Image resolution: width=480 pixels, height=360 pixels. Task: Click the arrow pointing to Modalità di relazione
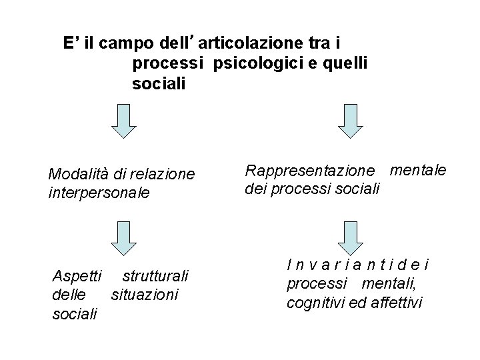click(x=123, y=122)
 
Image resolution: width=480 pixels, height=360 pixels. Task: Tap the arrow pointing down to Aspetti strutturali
click(x=123, y=238)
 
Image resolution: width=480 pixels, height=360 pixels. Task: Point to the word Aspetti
click(x=77, y=276)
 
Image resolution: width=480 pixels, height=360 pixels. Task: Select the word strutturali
click(x=156, y=276)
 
